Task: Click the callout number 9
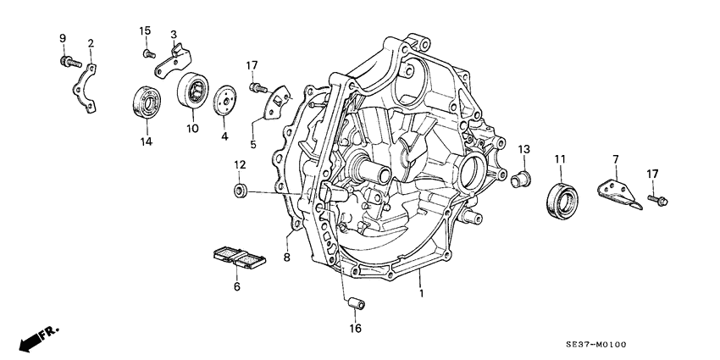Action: (x=62, y=38)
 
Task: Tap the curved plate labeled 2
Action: (x=83, y=85)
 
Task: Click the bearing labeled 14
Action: (x=147, y=102)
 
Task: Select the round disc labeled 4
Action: (x=224, y=99)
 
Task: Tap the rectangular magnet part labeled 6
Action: (x=238, y=257)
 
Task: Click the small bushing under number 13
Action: (x=521, y=178)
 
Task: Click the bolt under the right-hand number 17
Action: (x=660, y=200)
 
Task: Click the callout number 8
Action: (x=287, y=256)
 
